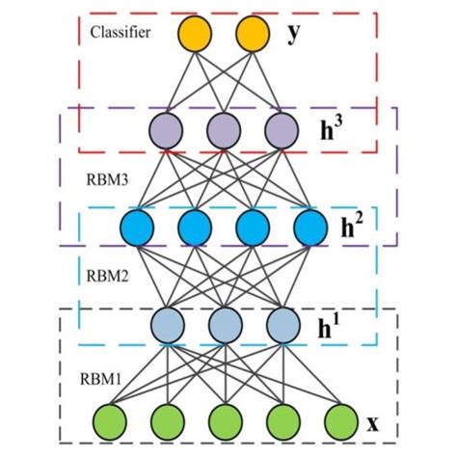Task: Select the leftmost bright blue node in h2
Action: point(136,229)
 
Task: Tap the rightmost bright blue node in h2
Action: point(310,229)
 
